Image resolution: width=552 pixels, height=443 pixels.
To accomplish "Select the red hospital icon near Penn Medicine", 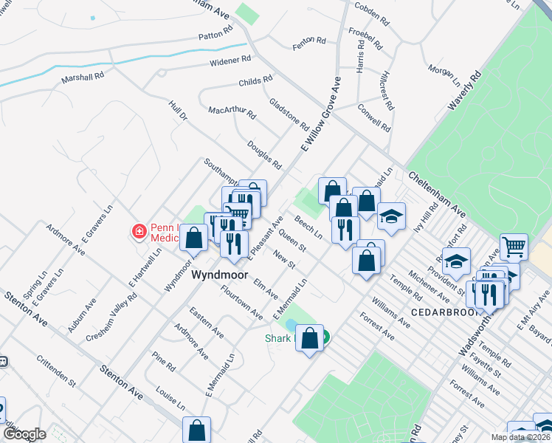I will pyautogui.click(x=139, y=232).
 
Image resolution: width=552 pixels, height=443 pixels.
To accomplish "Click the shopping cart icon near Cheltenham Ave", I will pyautogui.click(x=514, y=247).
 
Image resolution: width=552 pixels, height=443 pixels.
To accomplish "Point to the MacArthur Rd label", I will pyautogui.click(x=232, y=112).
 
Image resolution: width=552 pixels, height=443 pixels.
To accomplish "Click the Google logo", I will pyautogui.click(x=24, y=434).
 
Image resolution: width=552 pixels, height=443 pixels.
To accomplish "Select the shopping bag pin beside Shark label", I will pyautogui.click(x=311, y=339).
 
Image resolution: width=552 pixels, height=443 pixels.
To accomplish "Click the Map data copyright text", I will pyautogui.click(x=521, y=436).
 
